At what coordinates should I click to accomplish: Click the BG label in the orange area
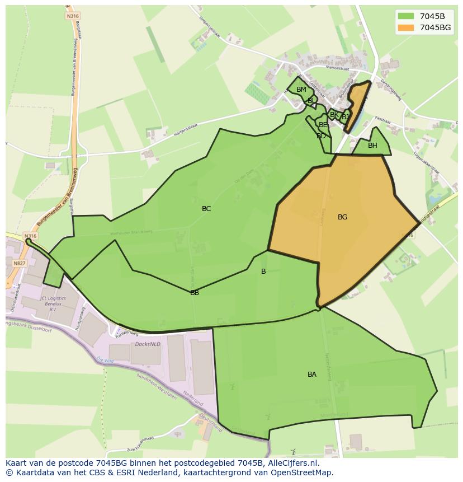tap(342, 217)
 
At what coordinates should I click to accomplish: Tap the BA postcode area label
tap(312, 375)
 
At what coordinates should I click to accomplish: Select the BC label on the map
tap(206, 209)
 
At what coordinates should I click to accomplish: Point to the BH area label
tap(372, 146)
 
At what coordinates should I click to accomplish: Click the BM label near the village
tap(301, 90)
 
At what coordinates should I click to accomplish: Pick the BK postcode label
tap(334, 115)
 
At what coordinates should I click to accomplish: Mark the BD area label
tap(321, 136)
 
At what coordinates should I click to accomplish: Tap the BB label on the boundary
tap(195, 292)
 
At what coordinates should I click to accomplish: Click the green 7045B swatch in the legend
tap(406, 16)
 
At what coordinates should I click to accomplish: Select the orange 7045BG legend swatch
tap(406, 27)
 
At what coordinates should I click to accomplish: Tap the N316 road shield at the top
tap(72, 16)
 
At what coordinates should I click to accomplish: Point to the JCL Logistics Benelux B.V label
tap(53, 304)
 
